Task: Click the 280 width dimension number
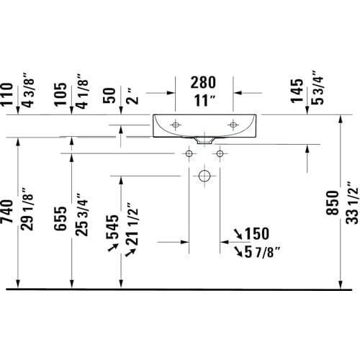[x=203, y=82]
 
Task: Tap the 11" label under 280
[x=204, y=101]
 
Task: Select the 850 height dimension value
[x=333, y=203]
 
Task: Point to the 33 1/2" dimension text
[x=352, y=203]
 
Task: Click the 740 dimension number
[x=6, y=212]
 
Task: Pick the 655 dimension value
[x=60, y=218]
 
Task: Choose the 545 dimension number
[x=112, y=227]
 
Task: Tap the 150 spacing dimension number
[x=257, y=233]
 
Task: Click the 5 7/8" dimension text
[x=262, y=252]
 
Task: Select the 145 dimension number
[x=297, y=91]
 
